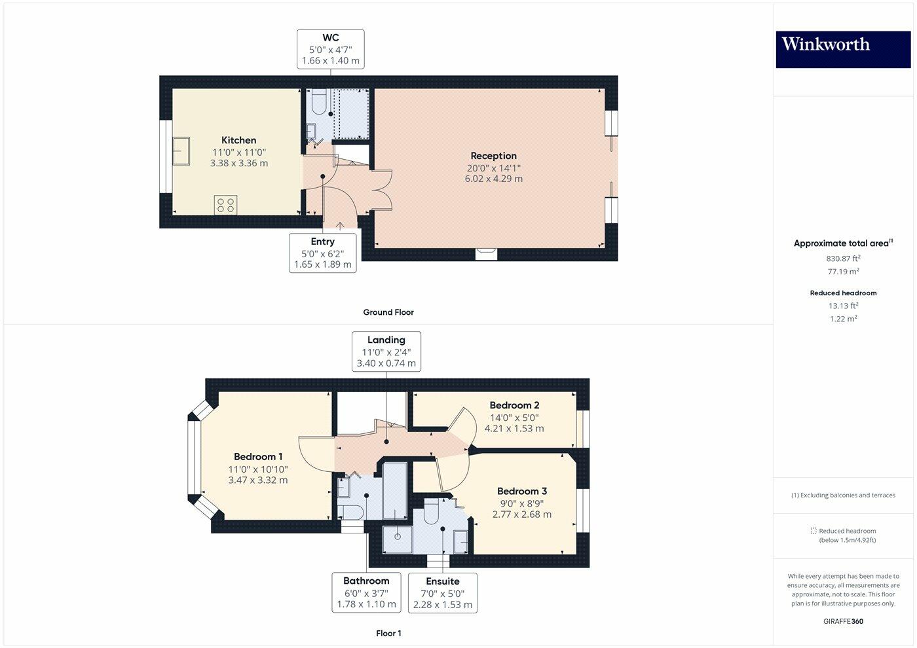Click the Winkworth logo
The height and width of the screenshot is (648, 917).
[x=843, y=49]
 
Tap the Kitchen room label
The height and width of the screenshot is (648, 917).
[x=238, y=140]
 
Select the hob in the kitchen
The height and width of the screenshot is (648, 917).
[x=225, y=205]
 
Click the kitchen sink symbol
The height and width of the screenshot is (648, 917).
[x=181, y=151]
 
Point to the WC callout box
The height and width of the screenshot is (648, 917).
[x=330, y=49]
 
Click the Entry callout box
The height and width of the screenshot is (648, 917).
[x=322, y=253]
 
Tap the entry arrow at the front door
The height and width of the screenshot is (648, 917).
[x=340, y=226]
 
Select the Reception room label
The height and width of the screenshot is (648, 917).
[x=493, y=156]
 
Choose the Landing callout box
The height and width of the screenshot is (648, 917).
[x=386, y=351]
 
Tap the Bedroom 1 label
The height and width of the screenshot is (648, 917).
[x=258, y=457]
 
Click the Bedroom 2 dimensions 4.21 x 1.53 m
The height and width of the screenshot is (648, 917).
[x=514, y=429]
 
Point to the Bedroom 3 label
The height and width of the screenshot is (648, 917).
[x=521, y=491]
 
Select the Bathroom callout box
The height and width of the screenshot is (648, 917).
[x=366, y=592]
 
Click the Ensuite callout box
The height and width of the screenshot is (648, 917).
[x=442, y=593]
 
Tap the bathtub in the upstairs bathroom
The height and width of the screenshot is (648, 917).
[x=395, y=490]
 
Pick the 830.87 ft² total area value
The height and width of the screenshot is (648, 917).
[x=843, y=259]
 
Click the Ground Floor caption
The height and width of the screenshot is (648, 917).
[x=388, y=312]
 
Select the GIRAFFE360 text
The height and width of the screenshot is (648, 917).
[x=843, y=621]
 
